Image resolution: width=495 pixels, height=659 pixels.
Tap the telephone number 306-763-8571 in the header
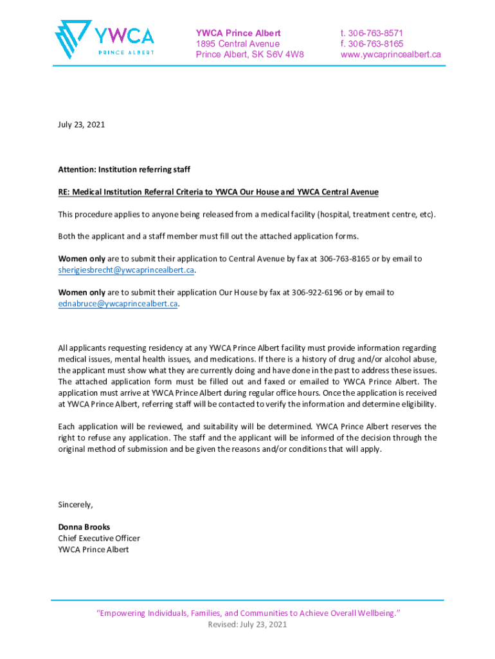point(375,33)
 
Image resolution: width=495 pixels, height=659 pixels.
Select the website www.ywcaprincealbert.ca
point(390,55)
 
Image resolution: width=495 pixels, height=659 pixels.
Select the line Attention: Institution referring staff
point(124,169)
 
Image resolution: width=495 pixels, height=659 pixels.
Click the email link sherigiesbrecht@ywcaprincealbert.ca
point(126,270)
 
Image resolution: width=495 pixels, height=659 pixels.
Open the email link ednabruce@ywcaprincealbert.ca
point(118,304)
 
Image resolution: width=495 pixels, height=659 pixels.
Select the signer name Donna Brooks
point(84,527)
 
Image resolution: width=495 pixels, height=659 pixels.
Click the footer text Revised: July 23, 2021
point(248,625)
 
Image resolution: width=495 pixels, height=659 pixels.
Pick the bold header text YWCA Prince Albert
point(238,33)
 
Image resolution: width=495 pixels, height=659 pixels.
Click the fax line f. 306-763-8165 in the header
point(372,44)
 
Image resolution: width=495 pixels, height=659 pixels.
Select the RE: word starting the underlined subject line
point(64,192)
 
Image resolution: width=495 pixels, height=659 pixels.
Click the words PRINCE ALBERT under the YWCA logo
point(125,52)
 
